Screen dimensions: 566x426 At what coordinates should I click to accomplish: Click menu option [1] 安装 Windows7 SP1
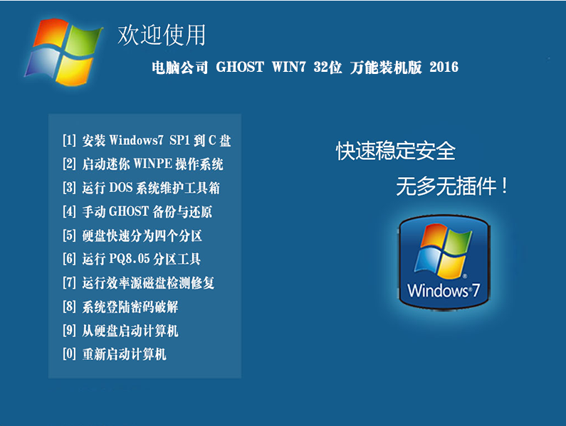click(147, 140)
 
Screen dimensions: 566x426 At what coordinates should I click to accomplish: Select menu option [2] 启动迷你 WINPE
click(143, 164)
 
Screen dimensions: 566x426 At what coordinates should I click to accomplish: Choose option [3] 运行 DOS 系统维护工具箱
click(141, 188)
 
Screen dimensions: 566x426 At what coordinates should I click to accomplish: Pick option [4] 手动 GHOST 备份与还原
click(137, 212)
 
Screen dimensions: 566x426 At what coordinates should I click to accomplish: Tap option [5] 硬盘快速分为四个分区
click(132, 235)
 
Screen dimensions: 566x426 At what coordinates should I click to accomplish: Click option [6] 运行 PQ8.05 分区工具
click(132, 259)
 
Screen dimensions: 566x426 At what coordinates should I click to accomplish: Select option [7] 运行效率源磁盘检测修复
click(139, 283)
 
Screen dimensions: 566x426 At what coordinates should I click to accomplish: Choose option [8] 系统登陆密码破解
click(120, 307)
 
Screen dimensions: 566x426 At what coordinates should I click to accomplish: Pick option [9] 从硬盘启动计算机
click(120, 331)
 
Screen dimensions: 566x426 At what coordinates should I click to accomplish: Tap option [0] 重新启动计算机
click(115, 354)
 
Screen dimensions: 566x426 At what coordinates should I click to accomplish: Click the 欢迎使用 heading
click(162, 35)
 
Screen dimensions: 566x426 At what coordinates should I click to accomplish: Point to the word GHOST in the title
click(240, 67)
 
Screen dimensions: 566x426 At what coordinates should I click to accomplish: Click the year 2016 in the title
click(444, 67)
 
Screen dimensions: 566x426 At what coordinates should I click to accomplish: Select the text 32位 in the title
click(327, 67)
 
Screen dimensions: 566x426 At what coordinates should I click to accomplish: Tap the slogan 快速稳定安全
click(396, 151)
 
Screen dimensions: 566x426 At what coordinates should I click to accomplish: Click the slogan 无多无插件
click(452, 186)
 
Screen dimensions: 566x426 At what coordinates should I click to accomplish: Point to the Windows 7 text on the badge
click(444, 290)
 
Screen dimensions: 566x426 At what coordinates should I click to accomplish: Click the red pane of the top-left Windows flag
click(51, 33)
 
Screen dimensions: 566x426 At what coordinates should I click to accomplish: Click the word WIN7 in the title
click(289, 67)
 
